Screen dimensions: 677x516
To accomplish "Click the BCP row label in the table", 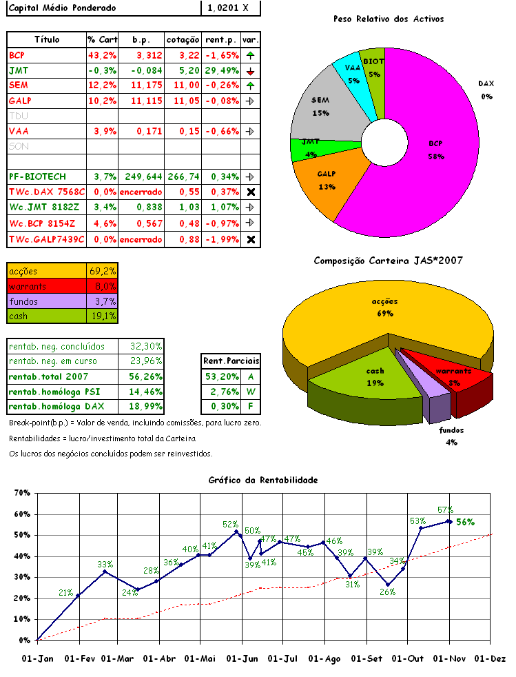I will click(x=17, y=54).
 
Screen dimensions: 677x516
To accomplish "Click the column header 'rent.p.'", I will click(x=220, y=39).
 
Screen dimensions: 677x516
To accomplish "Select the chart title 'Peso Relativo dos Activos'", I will click(x=388, y=19).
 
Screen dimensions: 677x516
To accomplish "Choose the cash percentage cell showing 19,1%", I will click(x=102, y=316).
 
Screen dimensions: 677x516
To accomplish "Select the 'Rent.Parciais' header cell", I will click(x=231, y=361).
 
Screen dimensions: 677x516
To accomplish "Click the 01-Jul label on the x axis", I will click(x=283, y=658).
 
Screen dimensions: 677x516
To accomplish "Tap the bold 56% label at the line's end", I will click(x=465, y=522).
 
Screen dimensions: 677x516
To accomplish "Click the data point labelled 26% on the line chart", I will click(x=388, y=585).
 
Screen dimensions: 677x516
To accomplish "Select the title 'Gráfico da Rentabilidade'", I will click(x=262, y=479).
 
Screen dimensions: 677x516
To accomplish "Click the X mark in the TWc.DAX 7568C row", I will click(x=251, y=192).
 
